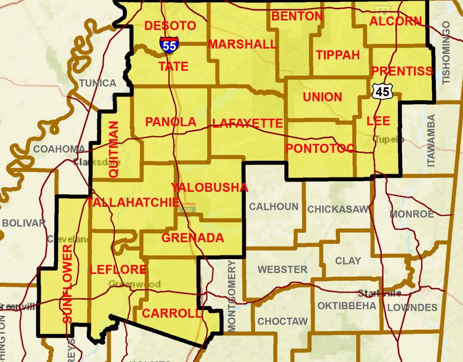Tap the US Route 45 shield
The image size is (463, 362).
click(383, 91)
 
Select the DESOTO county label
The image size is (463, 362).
click(170, 26)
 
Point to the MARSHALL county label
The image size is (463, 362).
click(242, 44)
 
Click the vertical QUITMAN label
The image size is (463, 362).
click(114, 149)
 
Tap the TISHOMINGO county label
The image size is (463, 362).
click(446, 53)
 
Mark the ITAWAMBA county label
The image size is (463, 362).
click(431, 141)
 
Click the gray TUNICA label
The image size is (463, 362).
click(98, 83)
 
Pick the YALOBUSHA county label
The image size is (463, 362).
click(210, 188)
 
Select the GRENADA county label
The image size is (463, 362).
click(193, 238)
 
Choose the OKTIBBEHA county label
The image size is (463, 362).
click(346, 306)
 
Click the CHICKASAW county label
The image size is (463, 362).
click(338, 209)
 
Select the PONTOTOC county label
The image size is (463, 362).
click(320, 148)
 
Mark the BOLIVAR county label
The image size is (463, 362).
click(24, 223)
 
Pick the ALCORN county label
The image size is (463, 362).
click(395, 21)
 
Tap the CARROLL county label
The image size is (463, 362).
click(172, 313)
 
